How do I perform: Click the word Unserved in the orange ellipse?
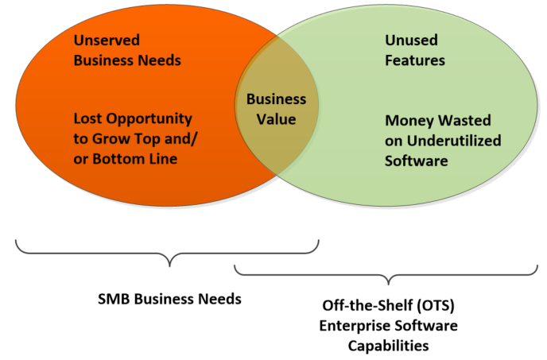point(107,40)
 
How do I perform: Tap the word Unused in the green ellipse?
point(411,40)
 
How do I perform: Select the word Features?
point(415,60)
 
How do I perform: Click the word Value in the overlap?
point(277,119)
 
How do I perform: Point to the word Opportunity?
point(149,119)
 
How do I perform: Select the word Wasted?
point(464,120)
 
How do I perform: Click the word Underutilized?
point(454,141)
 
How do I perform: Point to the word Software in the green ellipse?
point(416,161)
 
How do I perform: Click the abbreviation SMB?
point(114,299)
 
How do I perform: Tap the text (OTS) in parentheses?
point(436,306)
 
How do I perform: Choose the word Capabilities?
point(388,346)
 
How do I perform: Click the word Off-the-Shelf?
point(367,306)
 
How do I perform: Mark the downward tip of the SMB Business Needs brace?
point(169,266)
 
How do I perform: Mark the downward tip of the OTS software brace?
point(389,285)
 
